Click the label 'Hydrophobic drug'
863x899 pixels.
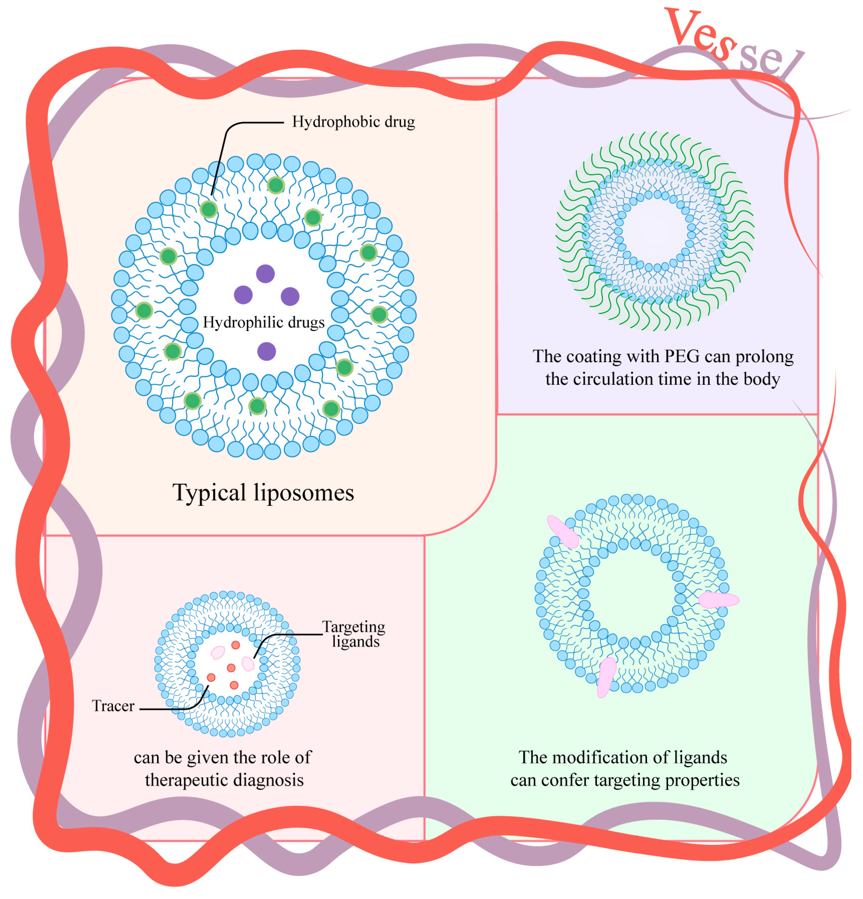(353, 122)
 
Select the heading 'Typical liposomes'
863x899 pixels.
(263, 493)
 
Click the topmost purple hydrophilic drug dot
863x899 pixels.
(265, 274)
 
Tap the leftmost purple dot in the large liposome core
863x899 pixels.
(243, 295)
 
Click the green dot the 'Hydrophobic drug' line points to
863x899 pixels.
(209, 210)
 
